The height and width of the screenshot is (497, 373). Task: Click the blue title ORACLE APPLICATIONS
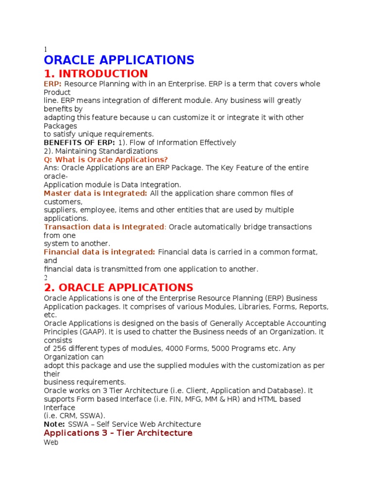119,60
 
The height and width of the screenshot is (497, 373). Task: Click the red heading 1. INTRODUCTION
96,74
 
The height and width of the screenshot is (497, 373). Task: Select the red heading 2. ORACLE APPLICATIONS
118,287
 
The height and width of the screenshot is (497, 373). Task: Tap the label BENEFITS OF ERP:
80,143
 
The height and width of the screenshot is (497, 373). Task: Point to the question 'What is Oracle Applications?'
106,160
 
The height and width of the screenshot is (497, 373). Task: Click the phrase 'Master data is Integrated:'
96,193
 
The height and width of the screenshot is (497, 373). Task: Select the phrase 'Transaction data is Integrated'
104,227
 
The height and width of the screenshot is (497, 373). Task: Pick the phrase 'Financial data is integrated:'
100,252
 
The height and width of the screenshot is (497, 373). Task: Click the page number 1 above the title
46,50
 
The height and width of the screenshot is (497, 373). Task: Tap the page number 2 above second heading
46,278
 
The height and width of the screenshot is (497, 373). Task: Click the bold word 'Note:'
55,424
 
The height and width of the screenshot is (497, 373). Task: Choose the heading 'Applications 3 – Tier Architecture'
118,433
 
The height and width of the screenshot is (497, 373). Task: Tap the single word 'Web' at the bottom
51,443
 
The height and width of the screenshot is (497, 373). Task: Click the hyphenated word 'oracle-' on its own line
56,176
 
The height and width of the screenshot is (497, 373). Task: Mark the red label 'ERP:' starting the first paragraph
53,84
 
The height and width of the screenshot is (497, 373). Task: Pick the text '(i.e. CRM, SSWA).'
74,416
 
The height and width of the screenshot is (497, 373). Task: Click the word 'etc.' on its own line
50,315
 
